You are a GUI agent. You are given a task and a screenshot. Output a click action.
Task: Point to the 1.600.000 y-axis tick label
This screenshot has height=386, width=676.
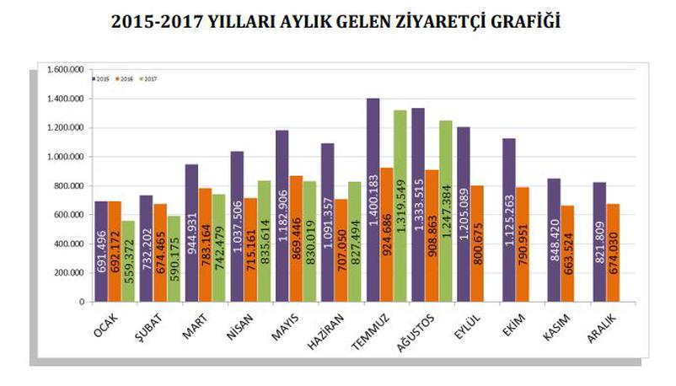coord(65,70)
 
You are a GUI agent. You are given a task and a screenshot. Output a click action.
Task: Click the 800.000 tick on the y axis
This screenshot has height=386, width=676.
coord(67,185)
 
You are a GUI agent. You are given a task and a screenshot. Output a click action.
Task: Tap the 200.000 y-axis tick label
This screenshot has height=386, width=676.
coord(67,272)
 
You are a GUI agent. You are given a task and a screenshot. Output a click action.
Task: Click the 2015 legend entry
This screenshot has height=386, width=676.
coord(101,79)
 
